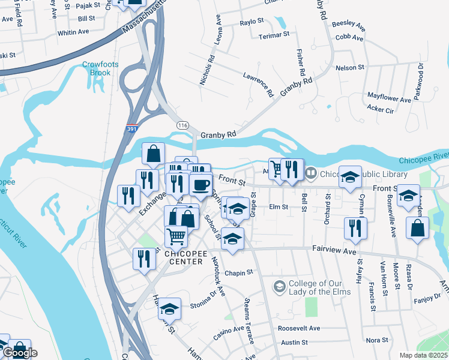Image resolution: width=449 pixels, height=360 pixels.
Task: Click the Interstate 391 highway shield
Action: click(133, 129)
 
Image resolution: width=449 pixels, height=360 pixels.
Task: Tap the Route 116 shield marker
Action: click(183, 124)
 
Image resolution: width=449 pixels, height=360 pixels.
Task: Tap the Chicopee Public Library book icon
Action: click(311, 174)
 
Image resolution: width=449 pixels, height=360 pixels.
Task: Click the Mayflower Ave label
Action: click(389, 97)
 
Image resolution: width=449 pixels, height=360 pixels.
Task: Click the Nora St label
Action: click(378, 340)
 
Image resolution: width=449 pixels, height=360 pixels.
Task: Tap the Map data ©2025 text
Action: click(424, 355)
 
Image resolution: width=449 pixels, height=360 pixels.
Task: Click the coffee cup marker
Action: click(201, 184)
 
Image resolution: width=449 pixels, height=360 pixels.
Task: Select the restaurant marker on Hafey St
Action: click(355, 228)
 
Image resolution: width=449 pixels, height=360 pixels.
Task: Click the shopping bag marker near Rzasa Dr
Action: click(417, 228)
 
